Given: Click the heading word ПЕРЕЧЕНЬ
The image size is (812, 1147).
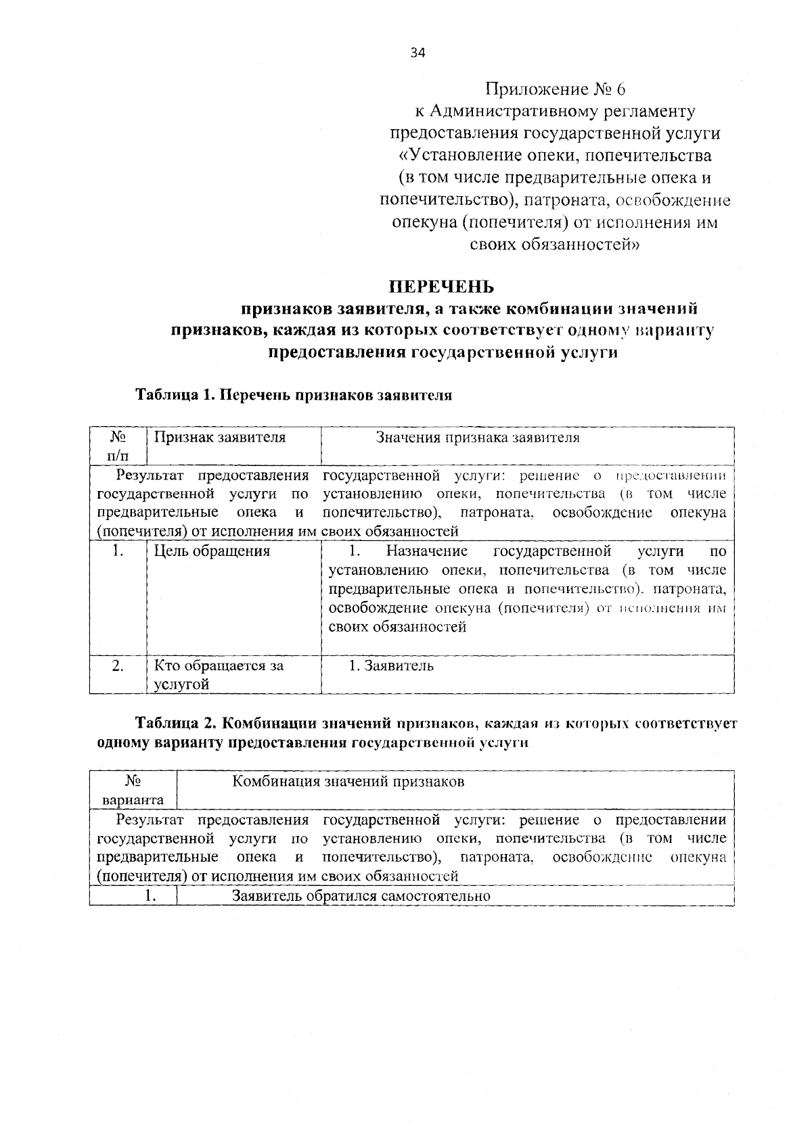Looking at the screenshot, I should pos(445,287).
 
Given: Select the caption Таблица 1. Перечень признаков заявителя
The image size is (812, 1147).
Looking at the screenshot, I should pos(294,395).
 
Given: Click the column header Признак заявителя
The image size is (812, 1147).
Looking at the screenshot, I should pos(220,438).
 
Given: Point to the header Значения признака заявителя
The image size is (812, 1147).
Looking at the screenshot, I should pos(478,438).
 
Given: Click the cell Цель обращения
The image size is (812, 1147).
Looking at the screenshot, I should pos(212,551).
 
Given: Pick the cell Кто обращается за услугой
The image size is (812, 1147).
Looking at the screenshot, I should pos(218,674).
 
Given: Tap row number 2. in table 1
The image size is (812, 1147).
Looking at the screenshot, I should pos(118,665).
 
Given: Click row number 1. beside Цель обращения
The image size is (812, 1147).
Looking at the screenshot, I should pos(118,551).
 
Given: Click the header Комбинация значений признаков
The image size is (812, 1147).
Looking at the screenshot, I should pos(348,782).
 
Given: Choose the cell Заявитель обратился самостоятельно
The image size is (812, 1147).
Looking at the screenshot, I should pos(361,896).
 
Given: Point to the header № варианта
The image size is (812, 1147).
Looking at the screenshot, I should pos(133,791).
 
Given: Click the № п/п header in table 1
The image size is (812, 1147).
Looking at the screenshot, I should pos(118,446).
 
